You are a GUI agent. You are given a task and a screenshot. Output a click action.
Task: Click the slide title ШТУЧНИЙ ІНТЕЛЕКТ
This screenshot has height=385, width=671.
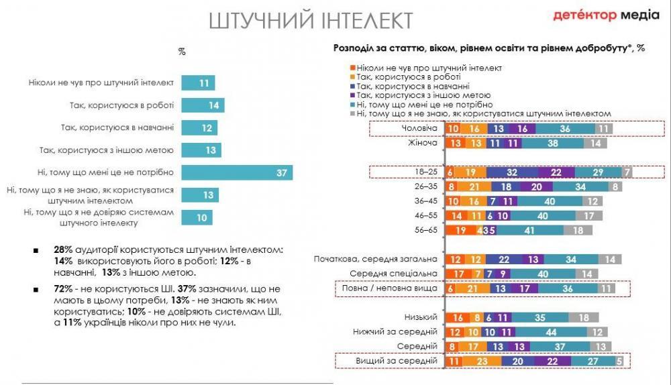click(311, 20)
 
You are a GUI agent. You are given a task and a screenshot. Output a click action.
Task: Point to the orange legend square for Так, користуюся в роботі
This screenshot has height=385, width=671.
click(352, 77)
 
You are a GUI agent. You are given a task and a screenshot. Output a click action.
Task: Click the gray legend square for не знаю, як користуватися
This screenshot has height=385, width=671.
click(352, 114)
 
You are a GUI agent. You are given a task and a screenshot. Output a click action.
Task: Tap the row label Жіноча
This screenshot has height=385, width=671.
click(423, 143)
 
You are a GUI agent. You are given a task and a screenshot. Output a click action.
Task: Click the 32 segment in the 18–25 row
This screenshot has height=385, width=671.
click(512, 172)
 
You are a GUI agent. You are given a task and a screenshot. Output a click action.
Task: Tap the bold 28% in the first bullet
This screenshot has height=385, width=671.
click(64, 250)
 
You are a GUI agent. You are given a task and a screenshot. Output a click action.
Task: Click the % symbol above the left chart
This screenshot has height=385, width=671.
click(182, 51)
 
